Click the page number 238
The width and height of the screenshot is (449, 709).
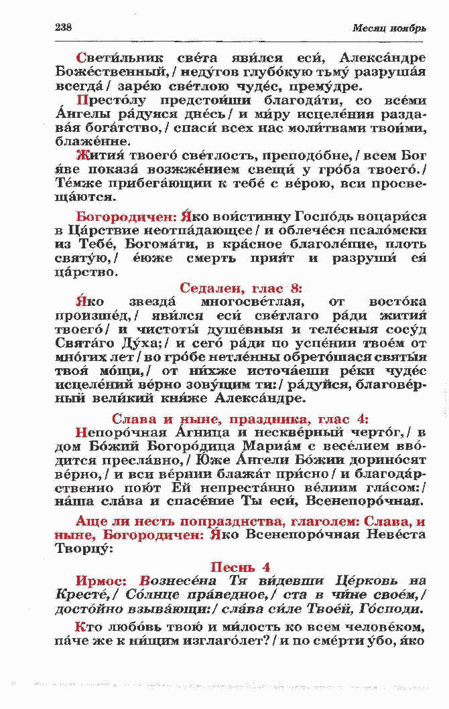pos(62,27)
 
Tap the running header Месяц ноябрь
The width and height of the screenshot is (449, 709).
pos(389,28)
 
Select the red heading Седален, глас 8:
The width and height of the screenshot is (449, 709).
pos(241,289)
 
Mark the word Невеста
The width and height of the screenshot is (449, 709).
pos(395,535)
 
